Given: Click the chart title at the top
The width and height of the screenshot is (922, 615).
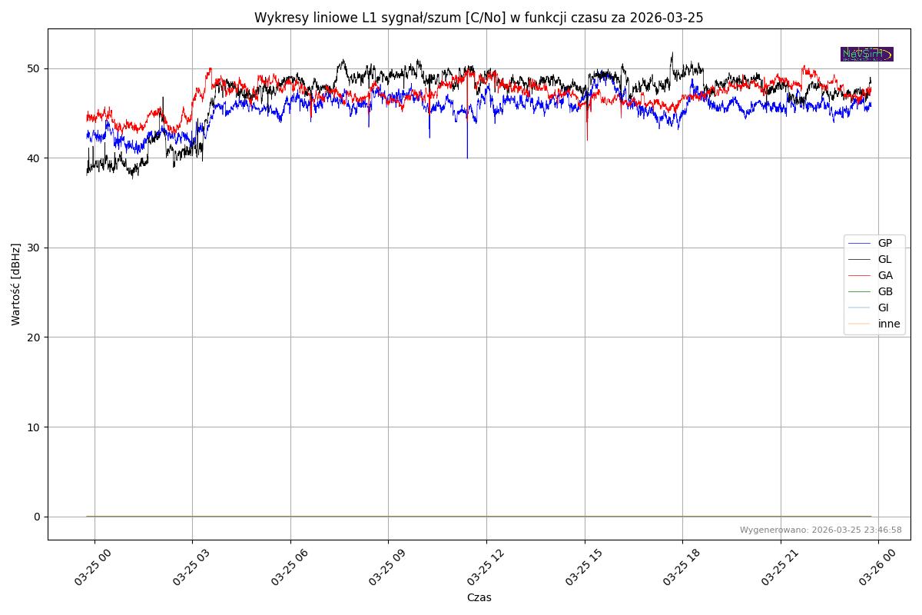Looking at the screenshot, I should click(479, 18).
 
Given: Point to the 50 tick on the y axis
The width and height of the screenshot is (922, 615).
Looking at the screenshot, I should click(33, 68).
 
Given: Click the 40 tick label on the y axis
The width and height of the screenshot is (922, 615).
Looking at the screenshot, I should click(33, 158).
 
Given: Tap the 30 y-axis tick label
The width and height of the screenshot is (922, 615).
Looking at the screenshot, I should click(33, 248).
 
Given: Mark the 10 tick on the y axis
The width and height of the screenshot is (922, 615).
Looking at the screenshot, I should click(33, 427).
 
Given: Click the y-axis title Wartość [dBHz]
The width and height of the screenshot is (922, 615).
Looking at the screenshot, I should click(16, 284).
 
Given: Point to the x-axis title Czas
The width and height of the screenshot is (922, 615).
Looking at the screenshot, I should click(479, 597).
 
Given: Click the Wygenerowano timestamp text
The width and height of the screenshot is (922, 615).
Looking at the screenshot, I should click(821, 530).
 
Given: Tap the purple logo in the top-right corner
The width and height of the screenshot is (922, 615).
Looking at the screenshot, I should click(867, 54).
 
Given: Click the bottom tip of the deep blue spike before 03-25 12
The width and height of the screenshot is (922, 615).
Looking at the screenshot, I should click(467, 158).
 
